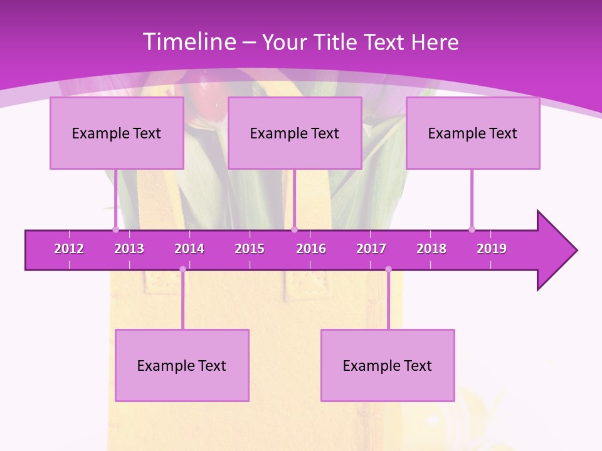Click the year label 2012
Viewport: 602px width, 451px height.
(x=69, y=249)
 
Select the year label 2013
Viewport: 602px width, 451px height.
(x=129, y=249)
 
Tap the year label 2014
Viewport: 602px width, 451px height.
(x=189, y=249)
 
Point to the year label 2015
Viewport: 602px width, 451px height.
(x=250, y=249)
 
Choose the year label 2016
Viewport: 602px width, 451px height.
(x=311, y=249)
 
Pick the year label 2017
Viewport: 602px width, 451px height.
(x=371, y=249)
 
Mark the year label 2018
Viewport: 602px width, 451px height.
(x=431, y=249)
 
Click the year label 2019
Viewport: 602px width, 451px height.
(x=492, y=249)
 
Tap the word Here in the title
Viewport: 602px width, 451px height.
(x=435, y=43)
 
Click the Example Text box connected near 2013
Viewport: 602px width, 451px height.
(x=117, y=133)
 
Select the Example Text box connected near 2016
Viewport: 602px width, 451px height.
(x=295, y=133)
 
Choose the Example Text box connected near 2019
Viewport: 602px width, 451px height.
(x=473, y=133)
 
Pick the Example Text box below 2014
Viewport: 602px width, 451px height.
(x=182, y=365)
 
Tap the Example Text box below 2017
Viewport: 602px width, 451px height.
(x=388, y=365)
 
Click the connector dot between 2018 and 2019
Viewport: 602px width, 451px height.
(x=472, y=229)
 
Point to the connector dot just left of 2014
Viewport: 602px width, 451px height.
(x=182, y=269)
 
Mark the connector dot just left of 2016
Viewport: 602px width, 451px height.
(x=295, y=229)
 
